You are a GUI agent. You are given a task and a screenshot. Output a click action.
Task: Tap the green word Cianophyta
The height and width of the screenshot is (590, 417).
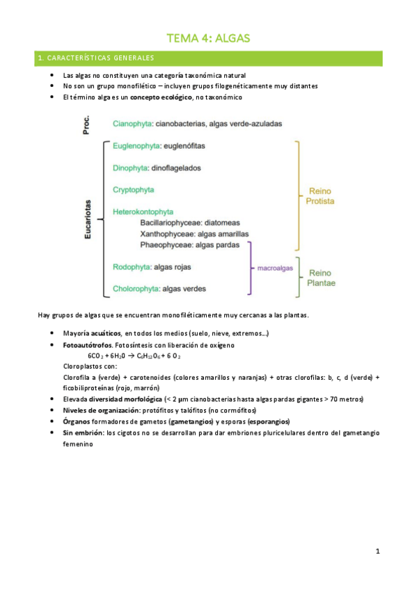(130, 124)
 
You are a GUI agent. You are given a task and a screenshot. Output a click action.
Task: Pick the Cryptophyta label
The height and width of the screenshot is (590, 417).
(134, 189)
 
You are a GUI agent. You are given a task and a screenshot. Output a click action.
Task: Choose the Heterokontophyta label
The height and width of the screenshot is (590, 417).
(143, 211)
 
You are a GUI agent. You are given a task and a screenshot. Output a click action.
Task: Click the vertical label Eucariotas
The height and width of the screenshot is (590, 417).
(88, 218)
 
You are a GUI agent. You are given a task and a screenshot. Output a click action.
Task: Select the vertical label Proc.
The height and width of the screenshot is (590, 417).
(88, 125)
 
